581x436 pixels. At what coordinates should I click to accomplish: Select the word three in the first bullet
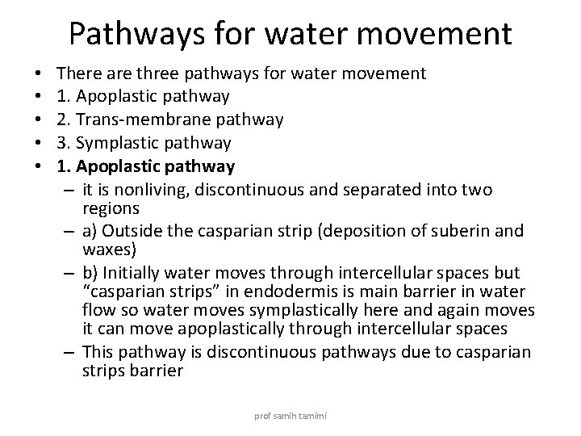coord(156,73)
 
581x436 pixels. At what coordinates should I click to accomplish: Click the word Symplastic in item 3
coord(109,143)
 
